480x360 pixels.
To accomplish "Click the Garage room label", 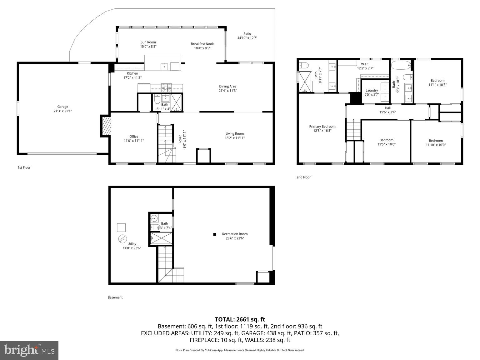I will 62,107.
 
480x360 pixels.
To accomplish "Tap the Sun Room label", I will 148,42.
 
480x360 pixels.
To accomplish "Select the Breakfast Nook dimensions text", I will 202,48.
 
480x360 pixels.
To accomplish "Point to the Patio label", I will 247,34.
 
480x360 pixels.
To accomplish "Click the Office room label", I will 134,137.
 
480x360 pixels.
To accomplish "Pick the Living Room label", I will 234,134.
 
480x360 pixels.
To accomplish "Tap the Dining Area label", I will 227,86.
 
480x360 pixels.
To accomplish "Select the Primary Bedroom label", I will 322,127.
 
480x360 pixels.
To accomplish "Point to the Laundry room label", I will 372,90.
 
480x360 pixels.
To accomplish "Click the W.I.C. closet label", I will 365,64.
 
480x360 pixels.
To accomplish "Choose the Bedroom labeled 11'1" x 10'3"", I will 437,82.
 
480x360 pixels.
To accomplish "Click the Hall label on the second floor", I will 387,108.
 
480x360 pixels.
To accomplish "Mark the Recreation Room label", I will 235,234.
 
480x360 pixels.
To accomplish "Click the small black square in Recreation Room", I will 215,234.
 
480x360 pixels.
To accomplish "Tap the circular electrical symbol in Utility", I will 121,239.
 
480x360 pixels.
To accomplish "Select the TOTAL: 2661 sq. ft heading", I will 240,319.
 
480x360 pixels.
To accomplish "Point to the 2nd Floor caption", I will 303,177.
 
